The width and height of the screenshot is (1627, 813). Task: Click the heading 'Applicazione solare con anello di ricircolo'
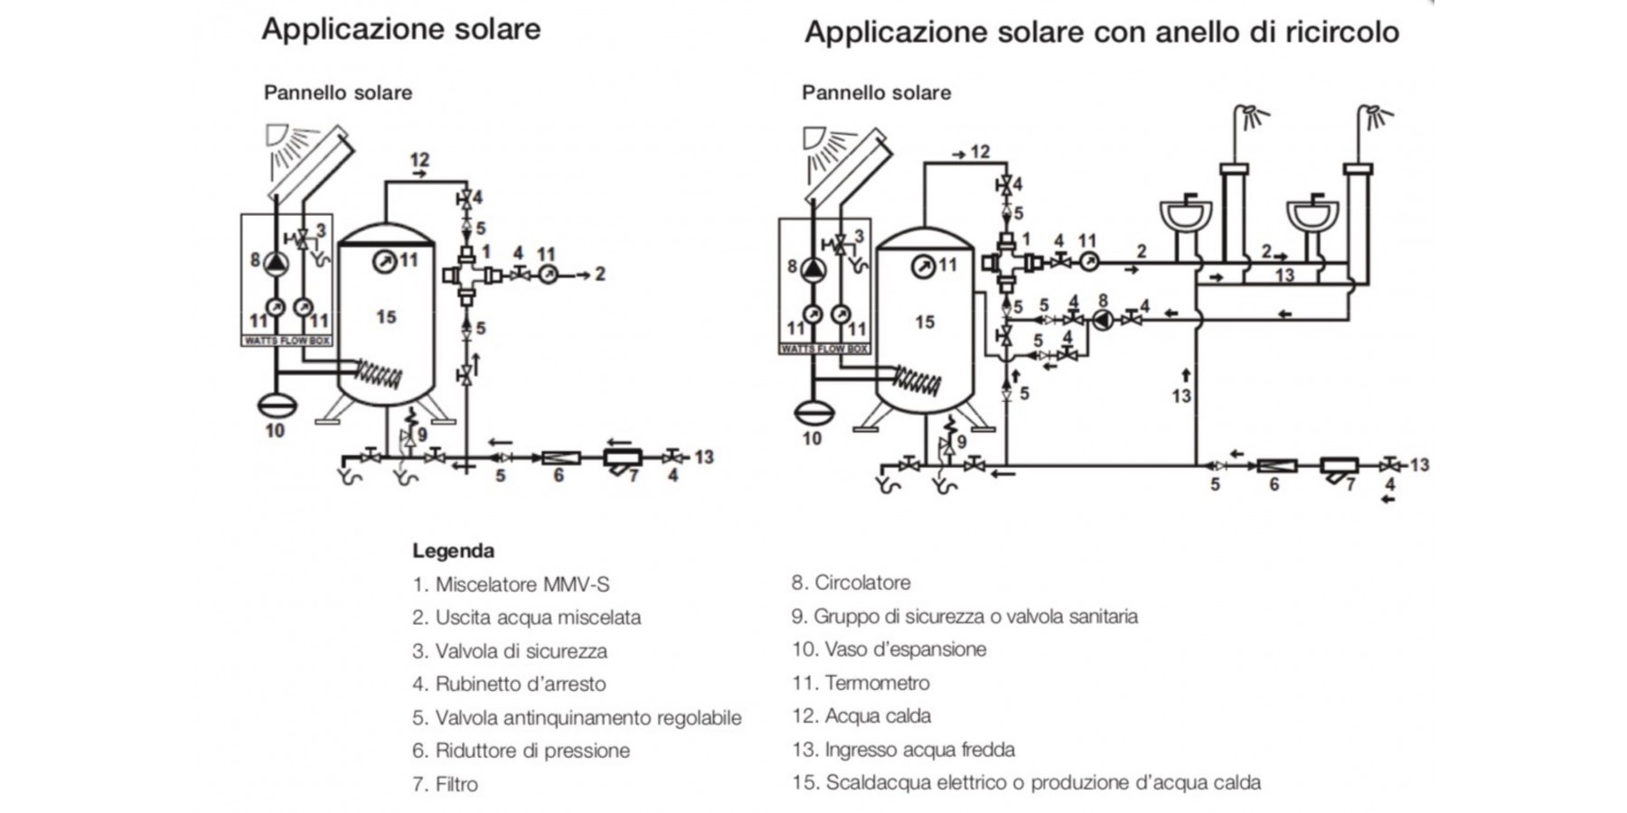point(1101,33)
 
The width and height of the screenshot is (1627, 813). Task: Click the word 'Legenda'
point(453,551)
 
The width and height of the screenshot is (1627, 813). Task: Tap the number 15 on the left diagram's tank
point(386,317)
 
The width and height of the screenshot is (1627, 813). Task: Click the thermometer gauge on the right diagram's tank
point(923,266)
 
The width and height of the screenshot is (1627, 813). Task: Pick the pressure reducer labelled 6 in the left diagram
point(560,458)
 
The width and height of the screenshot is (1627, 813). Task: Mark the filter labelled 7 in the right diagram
point(1339,467)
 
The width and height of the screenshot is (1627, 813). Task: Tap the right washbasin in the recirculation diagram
point(1312,217)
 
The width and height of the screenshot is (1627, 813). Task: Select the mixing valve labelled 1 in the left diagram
point(468,275)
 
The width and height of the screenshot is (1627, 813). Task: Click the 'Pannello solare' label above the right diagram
point(876,93)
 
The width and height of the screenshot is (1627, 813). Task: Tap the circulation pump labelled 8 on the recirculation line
point(1103,319)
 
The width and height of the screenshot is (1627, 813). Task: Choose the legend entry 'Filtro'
point(456,784)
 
